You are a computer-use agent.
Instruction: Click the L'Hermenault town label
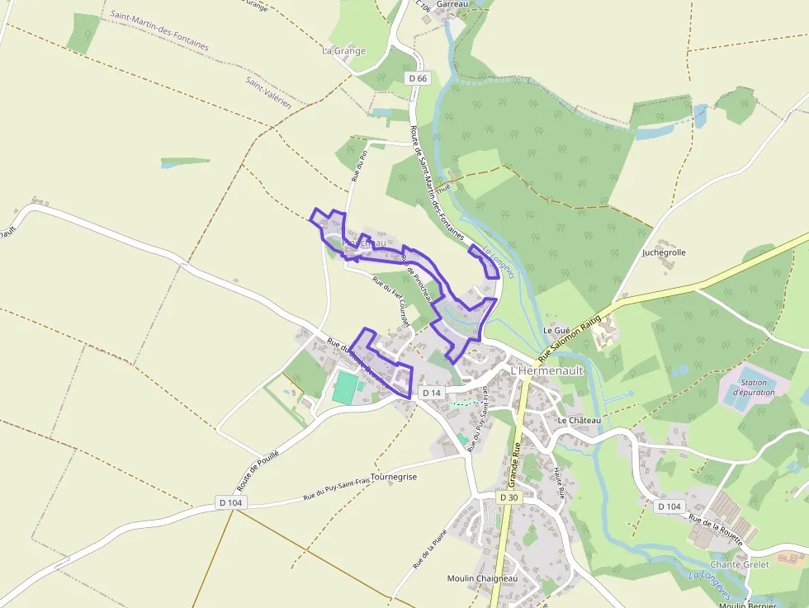tap(547, 370)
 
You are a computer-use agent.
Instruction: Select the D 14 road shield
tap(432, 393)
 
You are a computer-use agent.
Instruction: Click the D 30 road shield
tap(509, 497)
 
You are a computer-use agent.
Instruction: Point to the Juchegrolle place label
tap(664, 252)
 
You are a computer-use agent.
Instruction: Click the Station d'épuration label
tap(753, 388)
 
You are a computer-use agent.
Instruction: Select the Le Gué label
tap(557, 329)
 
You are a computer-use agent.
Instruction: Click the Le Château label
tap(580, 421)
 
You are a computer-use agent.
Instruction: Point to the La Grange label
tap(343, 50)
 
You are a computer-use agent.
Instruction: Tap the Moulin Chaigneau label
tap(481, 578)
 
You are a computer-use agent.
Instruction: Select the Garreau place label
tap(452, 4)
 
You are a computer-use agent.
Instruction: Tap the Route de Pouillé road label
tap(258, 470)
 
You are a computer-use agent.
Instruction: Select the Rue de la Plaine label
tap(423, 549)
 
